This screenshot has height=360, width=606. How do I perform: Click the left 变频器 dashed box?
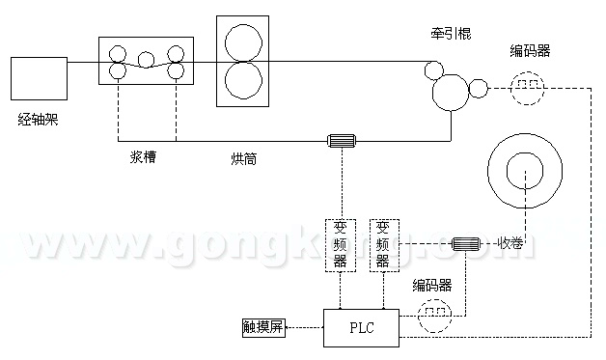(x=341, y=245)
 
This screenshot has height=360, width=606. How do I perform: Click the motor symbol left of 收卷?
(x=466, y=244)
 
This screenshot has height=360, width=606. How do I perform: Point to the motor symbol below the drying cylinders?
(x=342, y=143)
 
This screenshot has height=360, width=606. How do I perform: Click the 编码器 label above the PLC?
(x=433, y=285)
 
